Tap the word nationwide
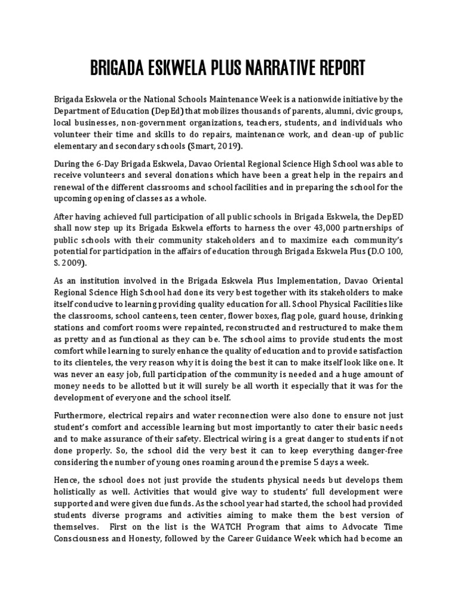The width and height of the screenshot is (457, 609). pos(333,99)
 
